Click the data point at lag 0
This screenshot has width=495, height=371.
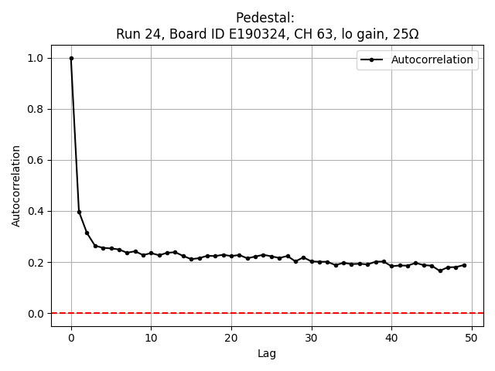(x=71, y=58)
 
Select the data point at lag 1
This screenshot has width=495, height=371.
(x=79, y=212)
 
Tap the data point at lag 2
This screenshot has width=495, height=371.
(x=87, y=233)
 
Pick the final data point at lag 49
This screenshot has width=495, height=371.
(x=464, y=265)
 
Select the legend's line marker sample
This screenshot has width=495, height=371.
(x=373, y=60)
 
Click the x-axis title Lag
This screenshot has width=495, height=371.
(x=267, y=354)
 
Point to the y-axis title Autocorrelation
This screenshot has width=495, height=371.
(x=16, y=185)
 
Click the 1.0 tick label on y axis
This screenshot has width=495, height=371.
(x=36, y=59)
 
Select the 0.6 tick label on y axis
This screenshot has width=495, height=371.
(x=36, y=161)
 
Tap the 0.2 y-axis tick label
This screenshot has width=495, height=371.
(x=36, y=263)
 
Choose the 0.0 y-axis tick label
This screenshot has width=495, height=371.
(x=36, y=314)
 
